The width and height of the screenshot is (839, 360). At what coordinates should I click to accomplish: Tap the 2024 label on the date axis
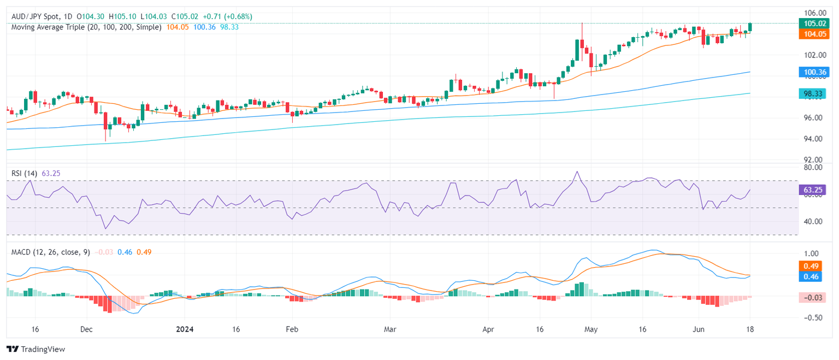tap(185, 330)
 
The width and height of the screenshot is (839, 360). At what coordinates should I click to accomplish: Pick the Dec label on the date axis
tap(86, 330)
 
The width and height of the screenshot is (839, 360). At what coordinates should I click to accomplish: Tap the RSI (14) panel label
tap(24, 173)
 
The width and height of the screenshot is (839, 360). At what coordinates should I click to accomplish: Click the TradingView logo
tap(36, 349)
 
